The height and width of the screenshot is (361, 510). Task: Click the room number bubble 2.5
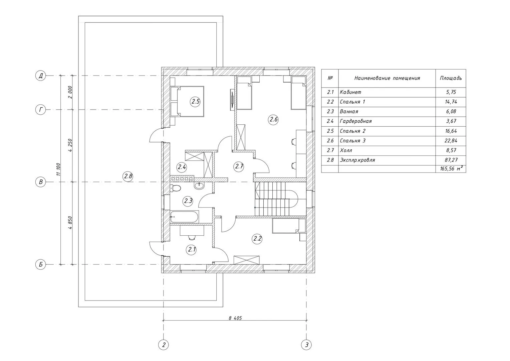195,102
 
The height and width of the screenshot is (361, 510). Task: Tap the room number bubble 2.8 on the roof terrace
128,176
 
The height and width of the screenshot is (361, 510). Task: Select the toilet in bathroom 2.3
175,188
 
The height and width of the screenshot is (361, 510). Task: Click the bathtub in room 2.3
184,217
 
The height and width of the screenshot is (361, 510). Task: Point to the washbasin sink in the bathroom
199,186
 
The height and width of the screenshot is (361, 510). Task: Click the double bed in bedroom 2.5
187,102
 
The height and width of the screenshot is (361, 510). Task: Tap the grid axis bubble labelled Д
40,76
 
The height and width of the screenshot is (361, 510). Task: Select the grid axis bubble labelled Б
40,264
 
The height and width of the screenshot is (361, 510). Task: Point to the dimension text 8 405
235,318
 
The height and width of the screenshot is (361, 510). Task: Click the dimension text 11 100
59,169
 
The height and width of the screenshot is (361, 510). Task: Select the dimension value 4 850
70,223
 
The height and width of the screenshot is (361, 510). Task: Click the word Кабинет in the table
350,92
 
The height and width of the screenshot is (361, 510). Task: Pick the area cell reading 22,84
451,141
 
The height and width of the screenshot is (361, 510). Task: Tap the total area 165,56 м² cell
451,169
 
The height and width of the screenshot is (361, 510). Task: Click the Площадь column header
451,78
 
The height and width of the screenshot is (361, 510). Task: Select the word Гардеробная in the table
356,121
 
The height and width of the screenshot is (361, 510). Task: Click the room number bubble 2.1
192,249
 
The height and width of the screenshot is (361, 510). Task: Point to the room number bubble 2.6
273,119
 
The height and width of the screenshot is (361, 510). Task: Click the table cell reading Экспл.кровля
357,160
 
